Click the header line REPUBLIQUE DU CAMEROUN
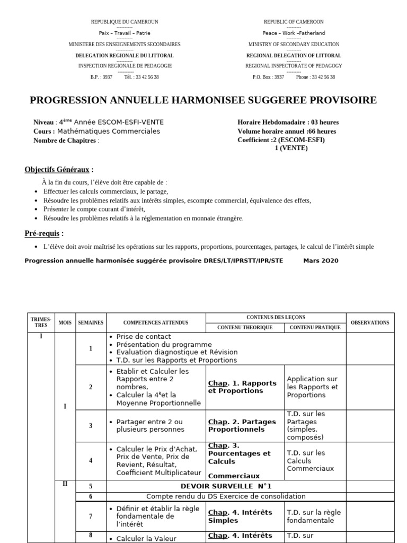pos(125,22)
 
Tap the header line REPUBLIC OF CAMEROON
pos(294,22)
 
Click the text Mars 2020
pos(321,260)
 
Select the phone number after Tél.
pos(141,77)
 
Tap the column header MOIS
pos(65,322)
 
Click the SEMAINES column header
pos(91,322)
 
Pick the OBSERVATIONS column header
pos(370,322)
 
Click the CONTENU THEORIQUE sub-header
pos(245,328)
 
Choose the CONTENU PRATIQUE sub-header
pos(315,328)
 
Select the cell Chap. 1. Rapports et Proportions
pos(242,387)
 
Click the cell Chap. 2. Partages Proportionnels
pos(242,425)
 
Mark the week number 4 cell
pos(91,460)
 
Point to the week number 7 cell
pos(91,516)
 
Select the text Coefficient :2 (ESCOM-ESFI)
pos(281,140)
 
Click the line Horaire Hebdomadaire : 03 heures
pos(288,122)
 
